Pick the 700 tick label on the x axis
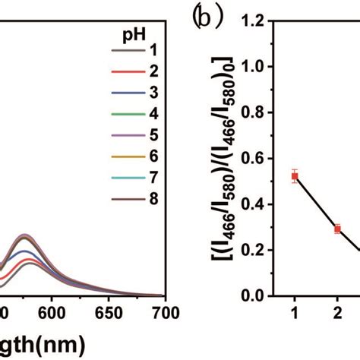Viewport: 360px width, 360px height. [165, 313]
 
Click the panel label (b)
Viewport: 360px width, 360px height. [206, 17]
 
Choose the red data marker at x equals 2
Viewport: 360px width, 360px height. [337, 229]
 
